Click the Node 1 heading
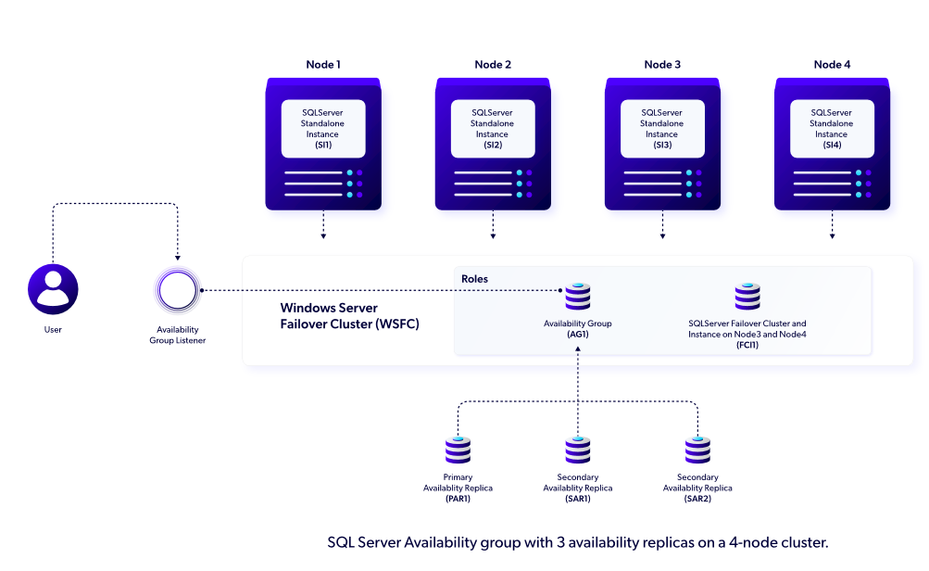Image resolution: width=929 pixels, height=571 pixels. pos(323,65)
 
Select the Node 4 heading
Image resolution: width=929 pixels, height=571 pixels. pos(831,65)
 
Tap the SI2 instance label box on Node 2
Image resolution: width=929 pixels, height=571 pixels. pos(493,129)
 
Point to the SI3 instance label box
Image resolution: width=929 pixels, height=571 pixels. pos(662,129)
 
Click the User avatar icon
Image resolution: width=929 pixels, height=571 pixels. pos(53,290)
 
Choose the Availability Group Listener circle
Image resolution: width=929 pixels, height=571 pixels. pos(177,291)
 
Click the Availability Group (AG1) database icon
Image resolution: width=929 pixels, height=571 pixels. pos(577,297)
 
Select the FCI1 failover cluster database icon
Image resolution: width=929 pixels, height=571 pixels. pos(747,297)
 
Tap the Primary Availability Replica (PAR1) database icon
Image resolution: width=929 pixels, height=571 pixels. pos(458,450)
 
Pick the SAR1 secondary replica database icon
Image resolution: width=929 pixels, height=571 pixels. pos(577,450)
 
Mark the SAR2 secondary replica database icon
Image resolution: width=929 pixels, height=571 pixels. pos(697,450)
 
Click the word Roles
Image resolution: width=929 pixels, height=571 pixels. pos(474,279)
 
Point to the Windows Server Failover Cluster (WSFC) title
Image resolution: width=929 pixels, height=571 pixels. pos(341,315)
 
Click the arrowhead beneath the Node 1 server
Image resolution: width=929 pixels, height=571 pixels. pos(323,236)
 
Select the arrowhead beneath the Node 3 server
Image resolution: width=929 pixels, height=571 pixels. pos(662,236)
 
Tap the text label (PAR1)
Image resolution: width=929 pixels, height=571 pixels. pos(458,500)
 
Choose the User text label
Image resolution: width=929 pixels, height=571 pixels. pos(53,330)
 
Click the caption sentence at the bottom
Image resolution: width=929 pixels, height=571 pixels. pos(577,542)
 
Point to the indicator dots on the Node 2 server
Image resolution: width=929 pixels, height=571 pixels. pos(524,184)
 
